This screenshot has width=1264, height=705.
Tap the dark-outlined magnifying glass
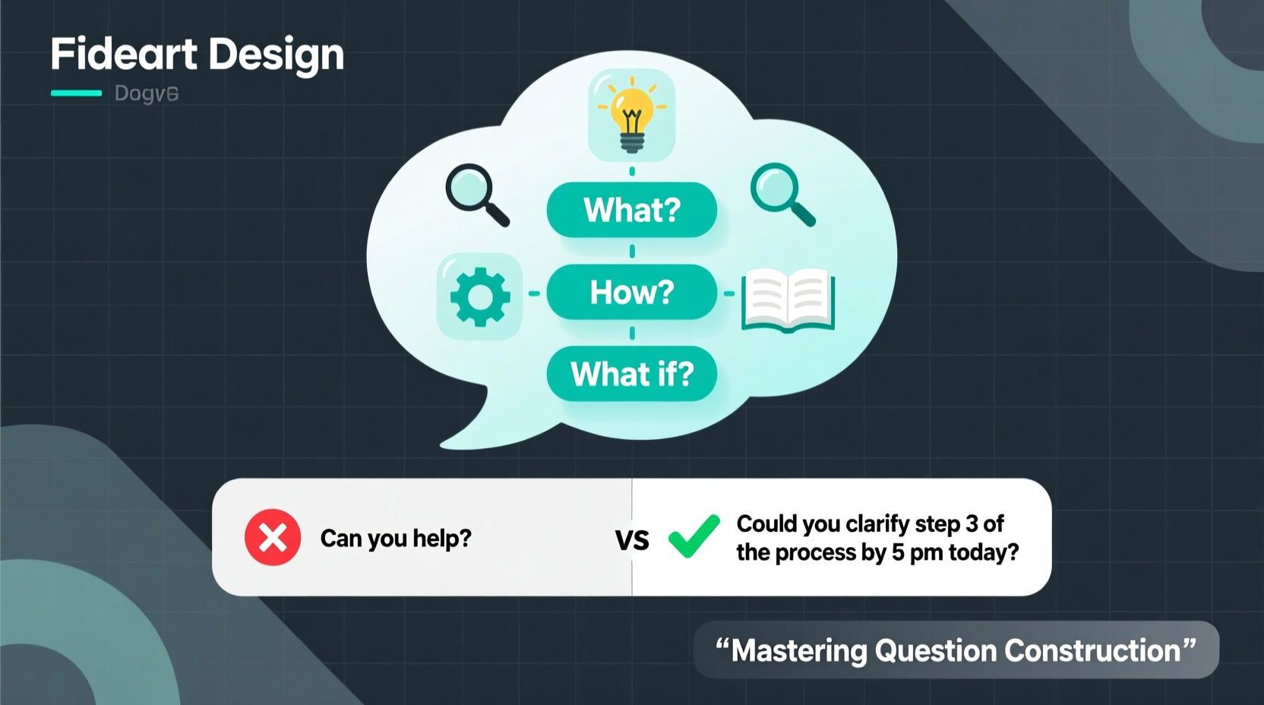coord(476,194)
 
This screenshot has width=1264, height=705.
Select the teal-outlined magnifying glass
coord(781,194)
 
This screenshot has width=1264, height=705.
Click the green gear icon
coord(480,296)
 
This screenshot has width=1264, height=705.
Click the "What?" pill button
coord(632,210)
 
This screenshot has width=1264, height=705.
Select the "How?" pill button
coord(632,292)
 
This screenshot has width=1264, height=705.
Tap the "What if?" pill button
coord(632,374)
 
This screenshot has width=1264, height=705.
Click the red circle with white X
coord(273,537)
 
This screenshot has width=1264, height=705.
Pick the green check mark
coord(694,536)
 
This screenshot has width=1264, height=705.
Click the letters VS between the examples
coord(632,540)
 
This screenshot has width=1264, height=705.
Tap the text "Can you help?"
coord(396,539)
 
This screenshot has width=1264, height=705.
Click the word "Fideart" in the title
coord(124,55)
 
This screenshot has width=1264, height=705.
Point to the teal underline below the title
coord(76,93)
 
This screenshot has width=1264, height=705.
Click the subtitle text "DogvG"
coord(147,93)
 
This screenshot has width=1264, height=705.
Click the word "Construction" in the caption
coord(1092,651)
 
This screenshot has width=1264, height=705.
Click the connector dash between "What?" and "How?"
coord(632,251)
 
